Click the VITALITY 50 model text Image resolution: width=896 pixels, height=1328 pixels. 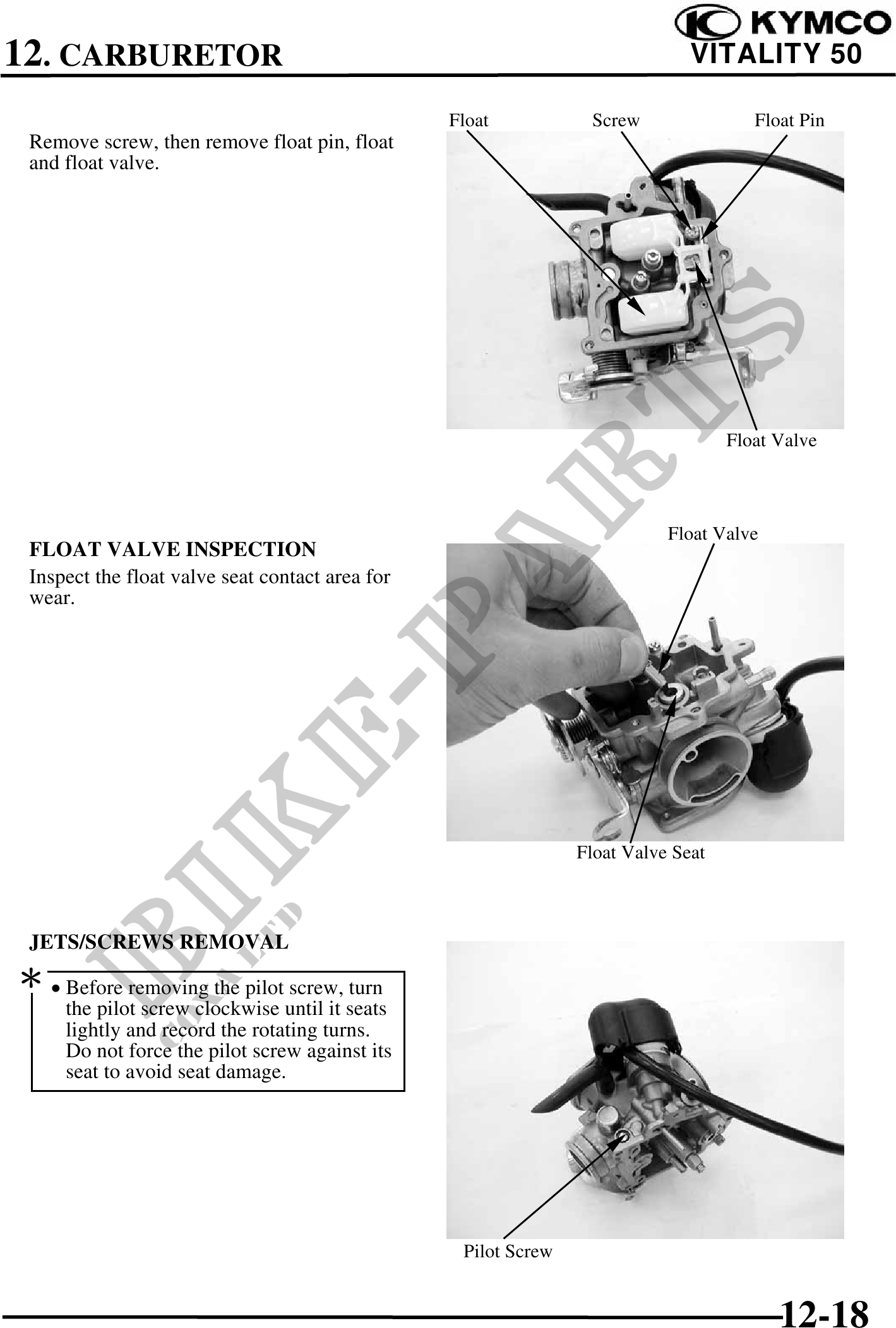pyautogui.click(x=777, y=54)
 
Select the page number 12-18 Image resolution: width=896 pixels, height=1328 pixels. pyautogui.click(x=825, y=1296)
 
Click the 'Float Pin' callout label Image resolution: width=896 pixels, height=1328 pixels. pyautogui.click(x=789, y=120)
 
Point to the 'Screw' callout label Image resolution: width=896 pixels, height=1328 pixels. pyautogui.click(x=616, y=120)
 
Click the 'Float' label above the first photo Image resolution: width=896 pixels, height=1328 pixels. pyautogui.click(x=469, y=120)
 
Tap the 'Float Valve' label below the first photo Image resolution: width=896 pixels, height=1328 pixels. pyautogui.click(x=771, y=440)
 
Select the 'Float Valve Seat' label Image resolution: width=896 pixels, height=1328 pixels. pyautogui.click(x=640, y=853)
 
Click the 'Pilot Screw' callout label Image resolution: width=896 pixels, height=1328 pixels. pyautogui.click(x=508, y=1252)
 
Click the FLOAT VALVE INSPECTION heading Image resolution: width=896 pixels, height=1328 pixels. pyautogui.click(x=172, y=549)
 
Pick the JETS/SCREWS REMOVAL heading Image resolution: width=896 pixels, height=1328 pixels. pyautogui.click(x=159, y=942)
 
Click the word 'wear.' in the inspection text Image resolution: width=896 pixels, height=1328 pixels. pyautogui.click(x=52, y=598)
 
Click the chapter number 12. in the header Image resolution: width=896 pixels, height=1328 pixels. pyautogui.click(x=28, y=53)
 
